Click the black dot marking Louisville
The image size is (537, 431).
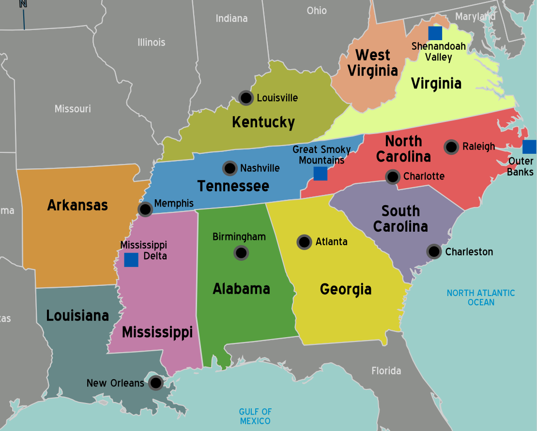point(246,98)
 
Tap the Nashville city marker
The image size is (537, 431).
point(230,168)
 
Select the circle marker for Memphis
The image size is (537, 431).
point(145,209)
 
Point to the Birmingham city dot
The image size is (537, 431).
point(241,253)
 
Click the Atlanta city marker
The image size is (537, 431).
point(304,242)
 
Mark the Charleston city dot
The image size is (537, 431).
point(434,252)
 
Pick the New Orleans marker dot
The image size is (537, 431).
point(155,383)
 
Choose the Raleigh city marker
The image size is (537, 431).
point(451,147)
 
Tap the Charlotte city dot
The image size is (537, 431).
point(393,177)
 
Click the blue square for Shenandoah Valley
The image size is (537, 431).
point(435,33)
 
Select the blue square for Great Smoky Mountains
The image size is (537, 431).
point(320,174)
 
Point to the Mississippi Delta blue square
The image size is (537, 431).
point(131,260)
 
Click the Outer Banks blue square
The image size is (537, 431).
point(530,147)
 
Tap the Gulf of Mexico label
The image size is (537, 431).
point(255,416)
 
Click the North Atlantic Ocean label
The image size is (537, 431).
point(481,297)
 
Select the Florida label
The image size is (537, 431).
point(386,371)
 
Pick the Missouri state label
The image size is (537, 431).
point(73,108)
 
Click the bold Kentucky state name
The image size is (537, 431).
point(263,122)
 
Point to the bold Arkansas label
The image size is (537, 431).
point(77,205)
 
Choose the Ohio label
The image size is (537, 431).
point(317,10)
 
